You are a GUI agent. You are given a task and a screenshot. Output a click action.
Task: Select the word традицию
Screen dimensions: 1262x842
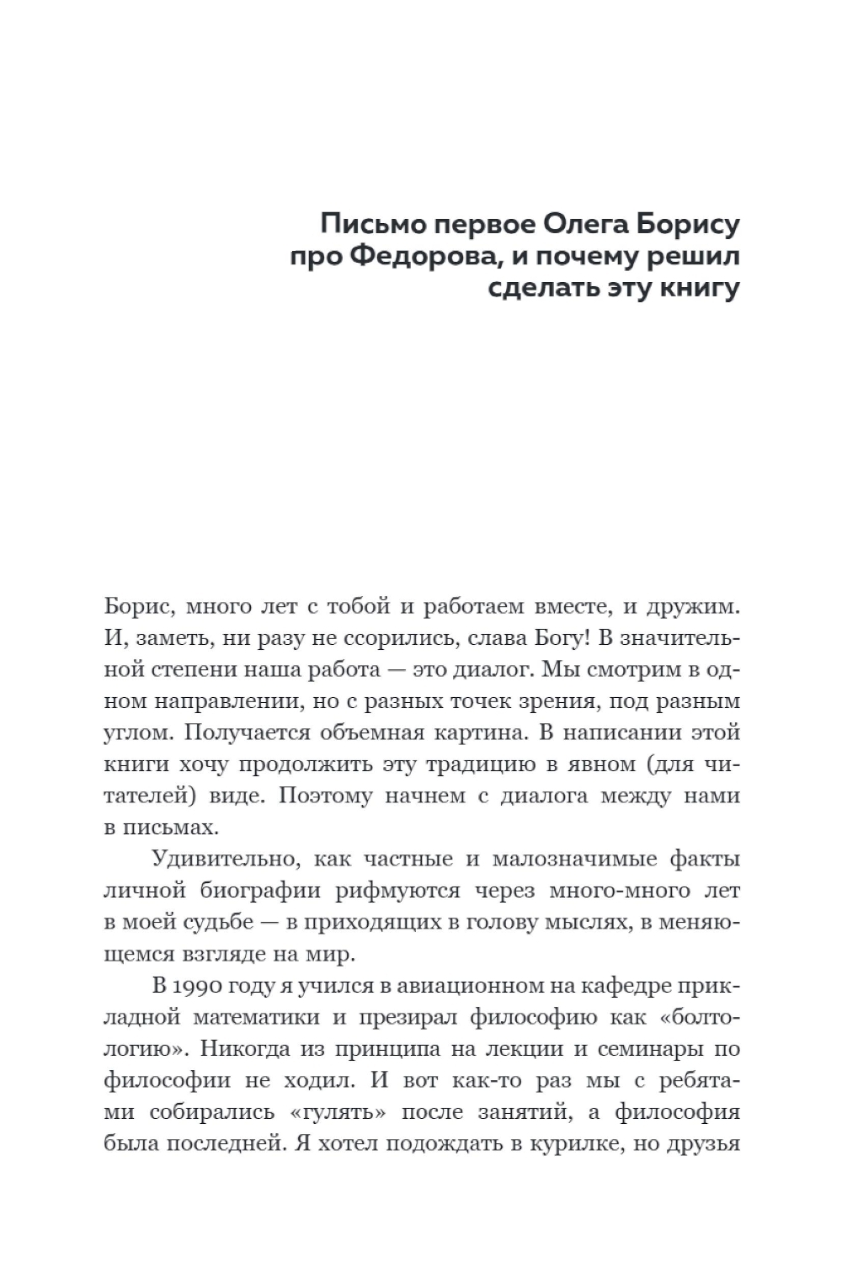[x=475, y=764]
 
